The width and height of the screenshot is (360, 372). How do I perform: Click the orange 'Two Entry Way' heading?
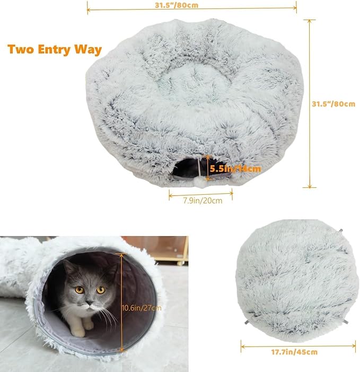pos(55,50)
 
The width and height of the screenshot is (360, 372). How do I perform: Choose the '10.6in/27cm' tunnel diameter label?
pos(142,307)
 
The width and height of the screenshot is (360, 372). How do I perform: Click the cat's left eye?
pos(79,290)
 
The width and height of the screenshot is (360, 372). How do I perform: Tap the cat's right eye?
pos(101,290)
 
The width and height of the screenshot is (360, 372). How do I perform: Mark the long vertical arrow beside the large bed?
pos(309,103)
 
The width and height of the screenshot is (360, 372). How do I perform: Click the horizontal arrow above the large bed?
pos(192,9)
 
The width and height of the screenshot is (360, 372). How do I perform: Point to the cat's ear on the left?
pos(67,267)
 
